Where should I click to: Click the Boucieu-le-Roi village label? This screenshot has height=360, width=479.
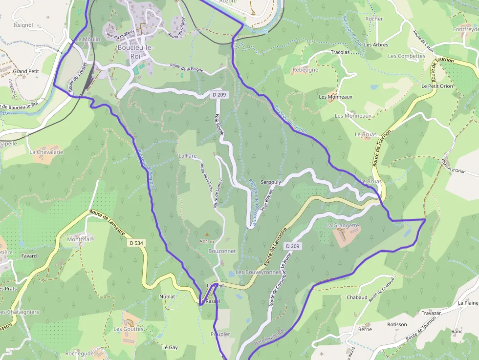coord(135,52)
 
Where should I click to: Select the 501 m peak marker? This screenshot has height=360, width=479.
coord(206,235)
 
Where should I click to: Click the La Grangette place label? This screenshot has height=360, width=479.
coord(342,226)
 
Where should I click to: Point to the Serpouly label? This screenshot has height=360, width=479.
coord(271,182)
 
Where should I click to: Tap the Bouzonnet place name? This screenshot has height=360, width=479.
coord(222,251)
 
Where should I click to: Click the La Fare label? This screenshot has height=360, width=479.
coord(187,156)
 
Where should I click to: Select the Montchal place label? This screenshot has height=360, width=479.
coord(79,239)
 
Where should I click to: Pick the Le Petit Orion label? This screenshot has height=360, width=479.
coord(437,86)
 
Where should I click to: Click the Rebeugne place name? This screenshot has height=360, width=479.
coord(305,70)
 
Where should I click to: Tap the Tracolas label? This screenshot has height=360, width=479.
coord(340,52)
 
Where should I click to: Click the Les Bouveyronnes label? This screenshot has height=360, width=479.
coord(258,272)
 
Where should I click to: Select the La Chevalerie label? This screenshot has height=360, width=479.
coord(46,152)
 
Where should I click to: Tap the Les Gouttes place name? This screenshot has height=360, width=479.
coord(129,329)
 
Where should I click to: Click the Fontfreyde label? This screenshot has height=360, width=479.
coord(466,29)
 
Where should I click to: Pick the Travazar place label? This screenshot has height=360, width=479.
coord(432,313)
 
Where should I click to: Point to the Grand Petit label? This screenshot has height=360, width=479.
coord(26,71)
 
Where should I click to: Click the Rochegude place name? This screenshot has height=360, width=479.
coord(79,353)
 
